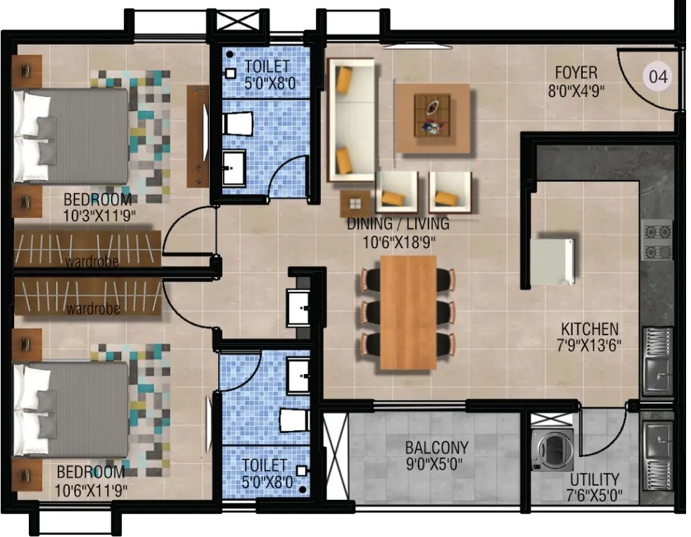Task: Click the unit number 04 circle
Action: (658, 77)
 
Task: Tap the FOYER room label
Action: (576, 72)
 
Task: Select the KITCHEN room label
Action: (590, 329)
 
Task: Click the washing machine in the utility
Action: (552, 450)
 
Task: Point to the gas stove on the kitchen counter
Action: (657, 241)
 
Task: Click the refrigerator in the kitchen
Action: (552, 261)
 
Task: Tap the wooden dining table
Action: (408, 313)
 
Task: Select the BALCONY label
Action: (437, 448)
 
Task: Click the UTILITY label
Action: (595, 479)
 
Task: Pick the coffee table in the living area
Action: (432, 115)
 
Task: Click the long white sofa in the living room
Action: (351, 120)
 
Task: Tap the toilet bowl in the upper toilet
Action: (238, 124)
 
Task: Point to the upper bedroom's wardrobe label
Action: (92, 262)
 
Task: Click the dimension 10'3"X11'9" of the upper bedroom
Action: (99, 216)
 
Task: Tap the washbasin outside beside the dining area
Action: (298, 308)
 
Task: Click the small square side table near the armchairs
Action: (355, 204)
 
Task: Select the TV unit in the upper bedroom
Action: (198, 136)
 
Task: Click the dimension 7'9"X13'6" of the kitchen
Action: (589, 346)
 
